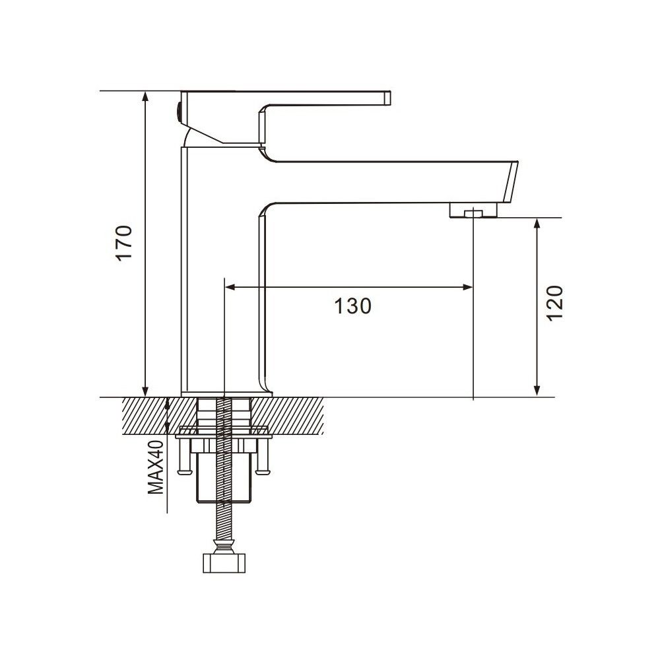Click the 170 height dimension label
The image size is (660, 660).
pos(125,244)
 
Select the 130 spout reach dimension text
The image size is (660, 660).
pos(352,306)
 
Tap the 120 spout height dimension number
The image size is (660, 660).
pos(554,304)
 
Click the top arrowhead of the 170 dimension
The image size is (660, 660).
pos(146,96)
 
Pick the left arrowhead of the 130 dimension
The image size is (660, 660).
pos(231,287)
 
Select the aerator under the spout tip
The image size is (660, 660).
pos(473,211)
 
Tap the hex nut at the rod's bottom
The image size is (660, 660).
pos(224,563)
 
